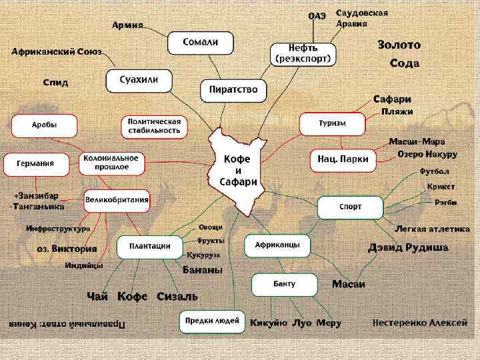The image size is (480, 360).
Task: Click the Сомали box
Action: pos(201,43)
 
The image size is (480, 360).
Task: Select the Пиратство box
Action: pos(233,89)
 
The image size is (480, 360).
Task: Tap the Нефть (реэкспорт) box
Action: pos(303,53)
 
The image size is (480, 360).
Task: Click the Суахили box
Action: pos(139,81)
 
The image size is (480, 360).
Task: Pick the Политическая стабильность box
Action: pos(154,126)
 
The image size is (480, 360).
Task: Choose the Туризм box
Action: pos(331,124)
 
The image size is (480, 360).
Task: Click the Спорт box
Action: pos(350,207)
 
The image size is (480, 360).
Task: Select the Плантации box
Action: pos(149,246)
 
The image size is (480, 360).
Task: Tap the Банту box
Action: pos(284,284)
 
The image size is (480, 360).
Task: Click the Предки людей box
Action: pos(212,321)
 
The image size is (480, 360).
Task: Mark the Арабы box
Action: pos(44,125)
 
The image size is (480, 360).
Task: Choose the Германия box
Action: pos(38,163)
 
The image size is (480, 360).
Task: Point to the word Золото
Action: pos(399,45)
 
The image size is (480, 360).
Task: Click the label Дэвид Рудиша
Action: pos(408,247)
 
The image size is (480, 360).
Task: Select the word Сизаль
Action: pos(177,296)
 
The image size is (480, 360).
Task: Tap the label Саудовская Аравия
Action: pos(362,18)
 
